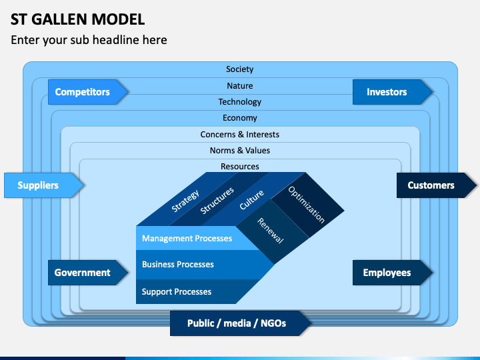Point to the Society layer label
[240, 69]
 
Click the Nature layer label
[240, 86]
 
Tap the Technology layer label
[240, 102]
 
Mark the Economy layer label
[240, 118]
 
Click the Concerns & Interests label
[240, 135]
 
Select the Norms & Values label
[240, 151]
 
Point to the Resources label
[240, 167]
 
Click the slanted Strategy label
[185, 201]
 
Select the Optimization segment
[307, 204]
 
